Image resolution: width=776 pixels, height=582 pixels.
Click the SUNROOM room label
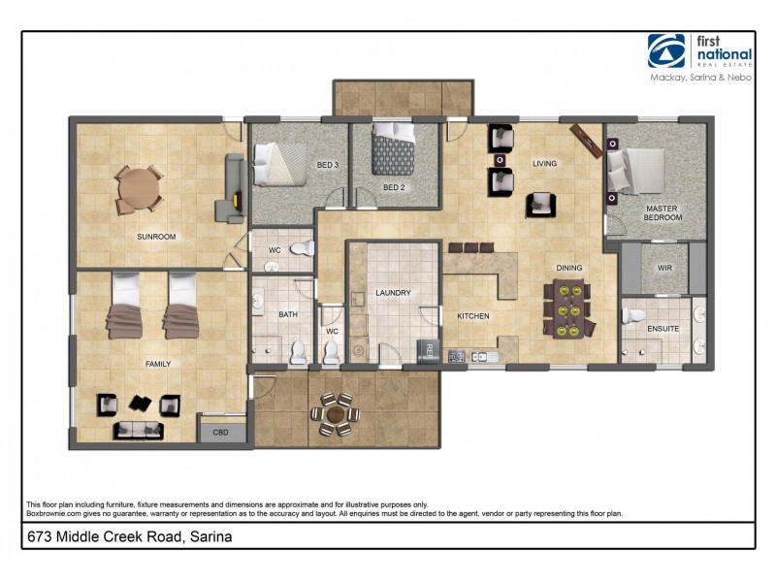pyautogui.click(x=155, y=236)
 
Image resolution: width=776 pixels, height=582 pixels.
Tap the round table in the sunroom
pyautogui.click(x=139, y=189)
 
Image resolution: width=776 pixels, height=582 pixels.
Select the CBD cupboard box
pyautogui.click(x=220, y=433)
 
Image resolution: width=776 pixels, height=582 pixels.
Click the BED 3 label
pyautogui.click(x=328, y=165)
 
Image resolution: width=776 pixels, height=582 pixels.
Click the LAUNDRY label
pyautogui.click(x=394, y=292)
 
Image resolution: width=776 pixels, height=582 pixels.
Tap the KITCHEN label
pyautogui.click(x=473, y=316)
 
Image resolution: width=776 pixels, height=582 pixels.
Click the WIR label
pyautogui.click(x=665, y=268)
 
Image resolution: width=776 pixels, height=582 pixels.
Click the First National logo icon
pyautogui.click(x=666, y=51)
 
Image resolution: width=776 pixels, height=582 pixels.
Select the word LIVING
pyautogui.click(x=544, y=164)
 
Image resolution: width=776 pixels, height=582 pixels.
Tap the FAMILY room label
pyautogui.click(x=157, y=364)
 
